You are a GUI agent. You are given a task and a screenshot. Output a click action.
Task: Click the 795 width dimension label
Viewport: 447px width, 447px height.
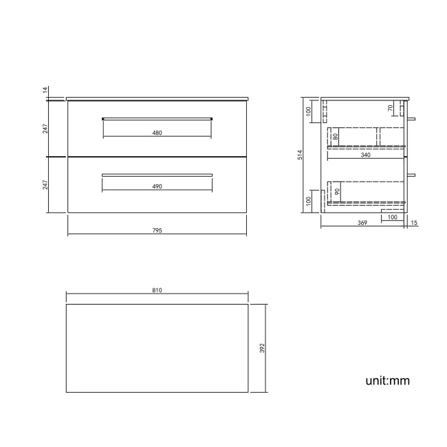(157, 230)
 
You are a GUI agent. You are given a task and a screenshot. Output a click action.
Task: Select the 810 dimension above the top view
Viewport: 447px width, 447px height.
(157, 291)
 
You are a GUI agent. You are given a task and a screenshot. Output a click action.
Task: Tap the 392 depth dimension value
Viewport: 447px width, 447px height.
(262, 348)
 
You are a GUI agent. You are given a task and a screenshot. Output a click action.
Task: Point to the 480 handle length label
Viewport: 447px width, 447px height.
(157, 133)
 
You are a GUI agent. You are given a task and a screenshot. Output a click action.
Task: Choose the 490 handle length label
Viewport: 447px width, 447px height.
(157, 186)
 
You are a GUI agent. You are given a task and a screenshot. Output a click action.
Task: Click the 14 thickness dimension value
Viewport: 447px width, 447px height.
(45, 90)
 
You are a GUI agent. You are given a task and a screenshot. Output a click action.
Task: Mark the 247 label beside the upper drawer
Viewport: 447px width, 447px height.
(45, 129)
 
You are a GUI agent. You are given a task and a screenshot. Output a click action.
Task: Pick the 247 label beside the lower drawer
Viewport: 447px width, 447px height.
(45, 185)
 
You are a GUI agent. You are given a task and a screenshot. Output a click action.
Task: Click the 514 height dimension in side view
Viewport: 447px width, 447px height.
(300, 156)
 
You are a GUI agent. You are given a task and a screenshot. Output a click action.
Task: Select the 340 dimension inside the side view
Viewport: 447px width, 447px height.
(365, 155)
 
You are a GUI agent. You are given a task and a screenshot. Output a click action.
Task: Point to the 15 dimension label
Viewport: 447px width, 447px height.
(414, 223)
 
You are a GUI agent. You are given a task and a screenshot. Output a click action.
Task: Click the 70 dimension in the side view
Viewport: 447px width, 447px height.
(390, 108)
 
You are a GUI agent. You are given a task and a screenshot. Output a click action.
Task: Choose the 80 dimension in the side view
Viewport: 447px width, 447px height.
(335, 137)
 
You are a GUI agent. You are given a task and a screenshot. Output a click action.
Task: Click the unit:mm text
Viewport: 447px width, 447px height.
(387, 380)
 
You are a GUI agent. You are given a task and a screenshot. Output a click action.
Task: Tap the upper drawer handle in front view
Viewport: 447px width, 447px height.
(157, 118)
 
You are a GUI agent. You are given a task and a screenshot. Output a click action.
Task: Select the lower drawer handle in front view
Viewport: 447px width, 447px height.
(157, 175)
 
